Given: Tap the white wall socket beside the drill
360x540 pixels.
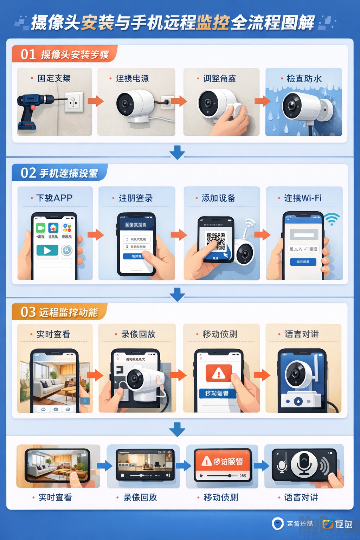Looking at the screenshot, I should point(74,102).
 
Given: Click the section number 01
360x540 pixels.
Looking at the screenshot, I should point(28,54).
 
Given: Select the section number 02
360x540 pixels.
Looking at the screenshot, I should point(28,173).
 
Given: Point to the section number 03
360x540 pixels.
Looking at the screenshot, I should point(28,312).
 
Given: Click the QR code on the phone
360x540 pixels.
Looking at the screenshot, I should point(216,241).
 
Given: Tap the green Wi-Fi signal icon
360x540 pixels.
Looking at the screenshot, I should point(332,219).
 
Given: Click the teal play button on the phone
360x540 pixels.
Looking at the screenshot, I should point(47,250).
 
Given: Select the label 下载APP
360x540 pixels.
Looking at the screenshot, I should point(54,198).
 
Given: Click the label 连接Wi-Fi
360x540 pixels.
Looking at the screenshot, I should point(303,198).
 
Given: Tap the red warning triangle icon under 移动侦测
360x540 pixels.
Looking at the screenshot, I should point(219,373).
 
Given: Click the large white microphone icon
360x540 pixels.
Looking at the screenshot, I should point(304,464).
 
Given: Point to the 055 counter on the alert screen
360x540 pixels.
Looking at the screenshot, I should point(243,476).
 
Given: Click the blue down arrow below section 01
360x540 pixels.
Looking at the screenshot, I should point(177,152).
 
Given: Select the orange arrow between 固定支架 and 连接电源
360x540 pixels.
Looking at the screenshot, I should point(95,101).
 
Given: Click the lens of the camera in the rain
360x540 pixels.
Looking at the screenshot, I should point(292,106).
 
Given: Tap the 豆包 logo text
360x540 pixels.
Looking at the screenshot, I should point(343,524).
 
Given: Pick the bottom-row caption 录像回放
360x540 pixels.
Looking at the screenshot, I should point(140,497).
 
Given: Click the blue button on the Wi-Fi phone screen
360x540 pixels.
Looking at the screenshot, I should point(303,262).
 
